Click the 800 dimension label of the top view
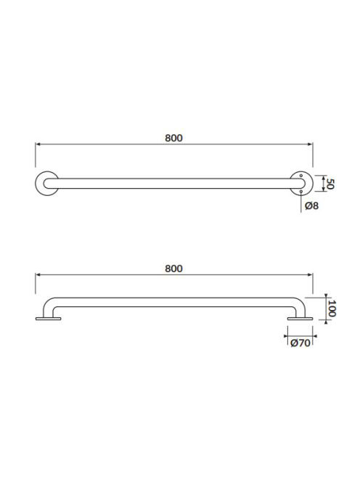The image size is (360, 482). coord(173,138)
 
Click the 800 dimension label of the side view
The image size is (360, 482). coord(173,269)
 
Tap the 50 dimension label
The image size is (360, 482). coord(330,184)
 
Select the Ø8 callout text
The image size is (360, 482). coord(311,205)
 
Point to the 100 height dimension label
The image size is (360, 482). coord(332,309)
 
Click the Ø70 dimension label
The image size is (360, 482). coord(300,343)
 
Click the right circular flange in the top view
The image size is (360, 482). coord(310,184)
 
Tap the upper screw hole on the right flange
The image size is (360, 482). coord(301,176)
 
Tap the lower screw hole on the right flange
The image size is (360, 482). coord(301,192)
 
